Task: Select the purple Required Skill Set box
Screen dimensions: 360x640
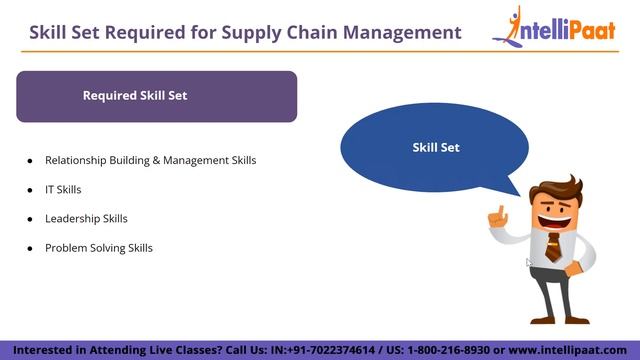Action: click(x=156, y=96)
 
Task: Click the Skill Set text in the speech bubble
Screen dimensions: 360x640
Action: click(x=436, y=147)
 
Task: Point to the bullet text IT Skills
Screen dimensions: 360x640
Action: click(x=63, y=189)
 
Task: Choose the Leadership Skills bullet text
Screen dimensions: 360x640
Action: click(x=86, y=218)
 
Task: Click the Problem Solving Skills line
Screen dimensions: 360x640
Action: click(x=98, y=247)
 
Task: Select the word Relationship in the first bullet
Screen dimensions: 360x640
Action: click(x=78, y=160)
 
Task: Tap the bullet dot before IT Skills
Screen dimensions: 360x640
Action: click(x=30, y=189)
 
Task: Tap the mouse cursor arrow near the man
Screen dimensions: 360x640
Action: click(x=529, y=263)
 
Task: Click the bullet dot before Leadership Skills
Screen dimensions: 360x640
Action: click(x=30, y=218)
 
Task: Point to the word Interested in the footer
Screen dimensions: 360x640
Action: click(x=42, y=351)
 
